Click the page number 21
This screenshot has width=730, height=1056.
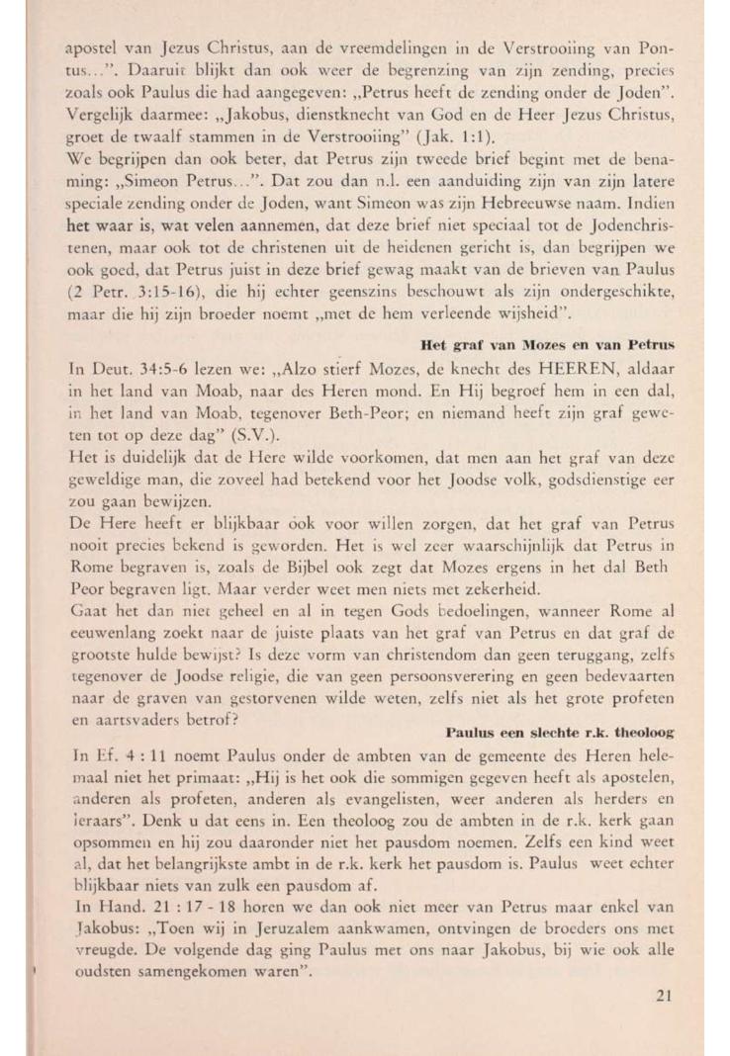(x=664, y=996)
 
